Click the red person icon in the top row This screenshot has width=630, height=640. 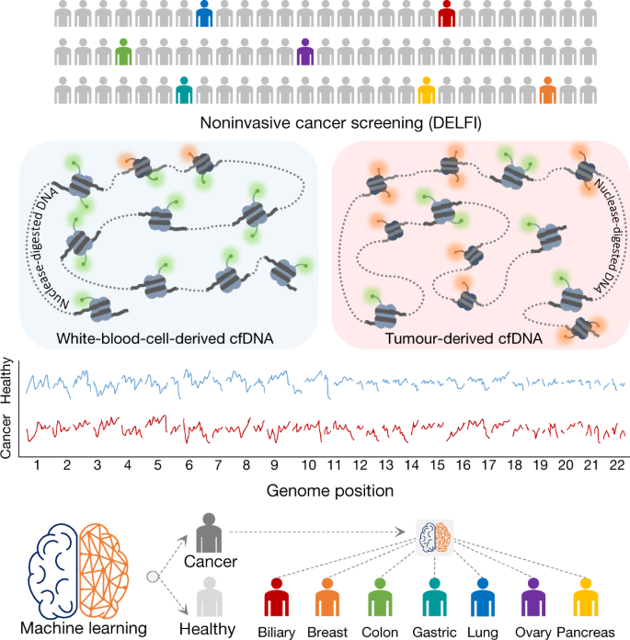click(x=447, y=17)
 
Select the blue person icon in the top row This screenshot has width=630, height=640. click(x=205, y=17)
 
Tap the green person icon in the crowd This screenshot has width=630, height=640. click(x=125, y=53)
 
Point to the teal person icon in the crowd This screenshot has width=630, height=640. click(x=184, y=90)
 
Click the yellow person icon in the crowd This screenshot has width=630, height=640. click(x=426, y=90)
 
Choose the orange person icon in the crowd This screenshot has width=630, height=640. click(x=547, y=90)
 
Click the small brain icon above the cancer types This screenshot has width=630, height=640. click(x=430, y=537)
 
